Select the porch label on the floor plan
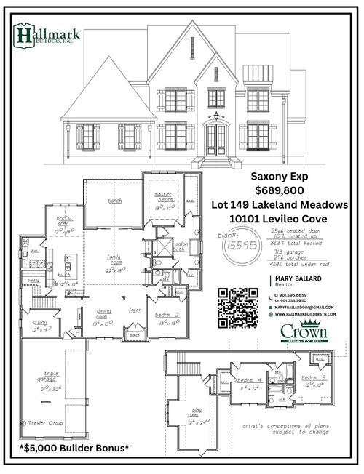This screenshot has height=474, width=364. pos(114,200)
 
